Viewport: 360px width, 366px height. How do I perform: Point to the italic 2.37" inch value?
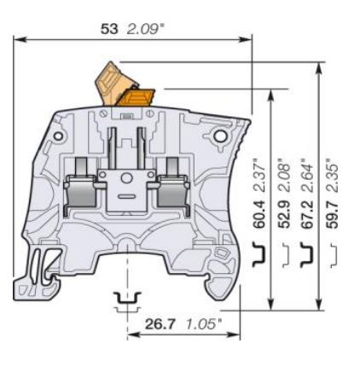[x=258, y=173]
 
